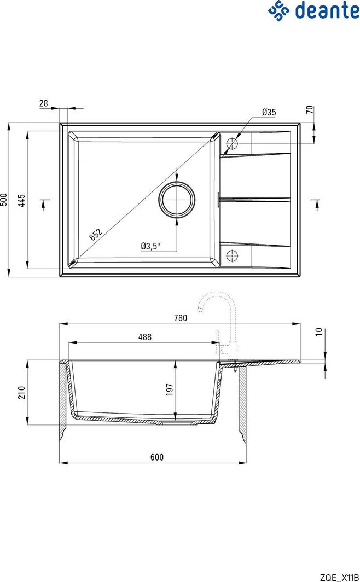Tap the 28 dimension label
[44, 103]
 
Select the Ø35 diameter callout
[269, 112]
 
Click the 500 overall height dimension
[4, 200]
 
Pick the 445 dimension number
[22, 200]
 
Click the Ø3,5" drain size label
[150, 246]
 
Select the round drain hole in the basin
[177, 200]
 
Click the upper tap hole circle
[231, 143]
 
